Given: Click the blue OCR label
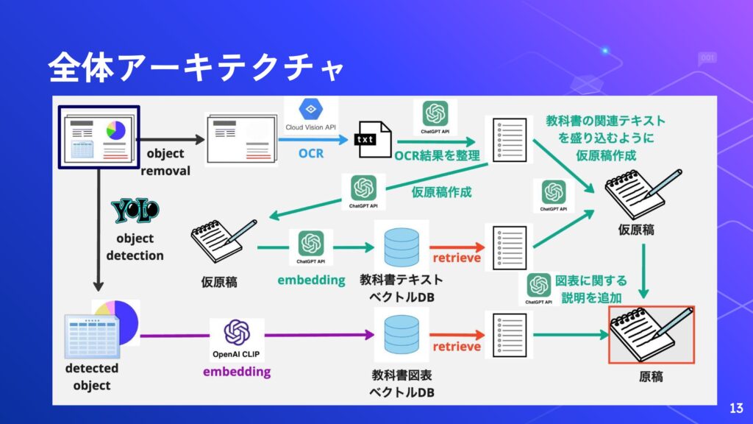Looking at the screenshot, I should [x=310, y=155].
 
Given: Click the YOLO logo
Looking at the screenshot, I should [x=135, y=212].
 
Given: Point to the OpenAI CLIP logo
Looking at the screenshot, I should [x=237, y=338].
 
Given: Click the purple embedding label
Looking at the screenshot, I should [x=237, y=372].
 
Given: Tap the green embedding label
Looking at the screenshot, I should [x=311, y=280].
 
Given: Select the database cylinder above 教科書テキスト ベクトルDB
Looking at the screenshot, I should [x=401, y=247].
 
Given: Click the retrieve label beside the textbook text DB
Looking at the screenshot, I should [x=456, y=258].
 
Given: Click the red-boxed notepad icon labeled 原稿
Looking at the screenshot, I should [x=652, y=335].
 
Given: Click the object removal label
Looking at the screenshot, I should [x=165, y=163].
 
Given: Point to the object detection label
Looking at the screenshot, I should [x=135, y=247].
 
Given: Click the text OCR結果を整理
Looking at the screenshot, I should [x=437, y=156].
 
